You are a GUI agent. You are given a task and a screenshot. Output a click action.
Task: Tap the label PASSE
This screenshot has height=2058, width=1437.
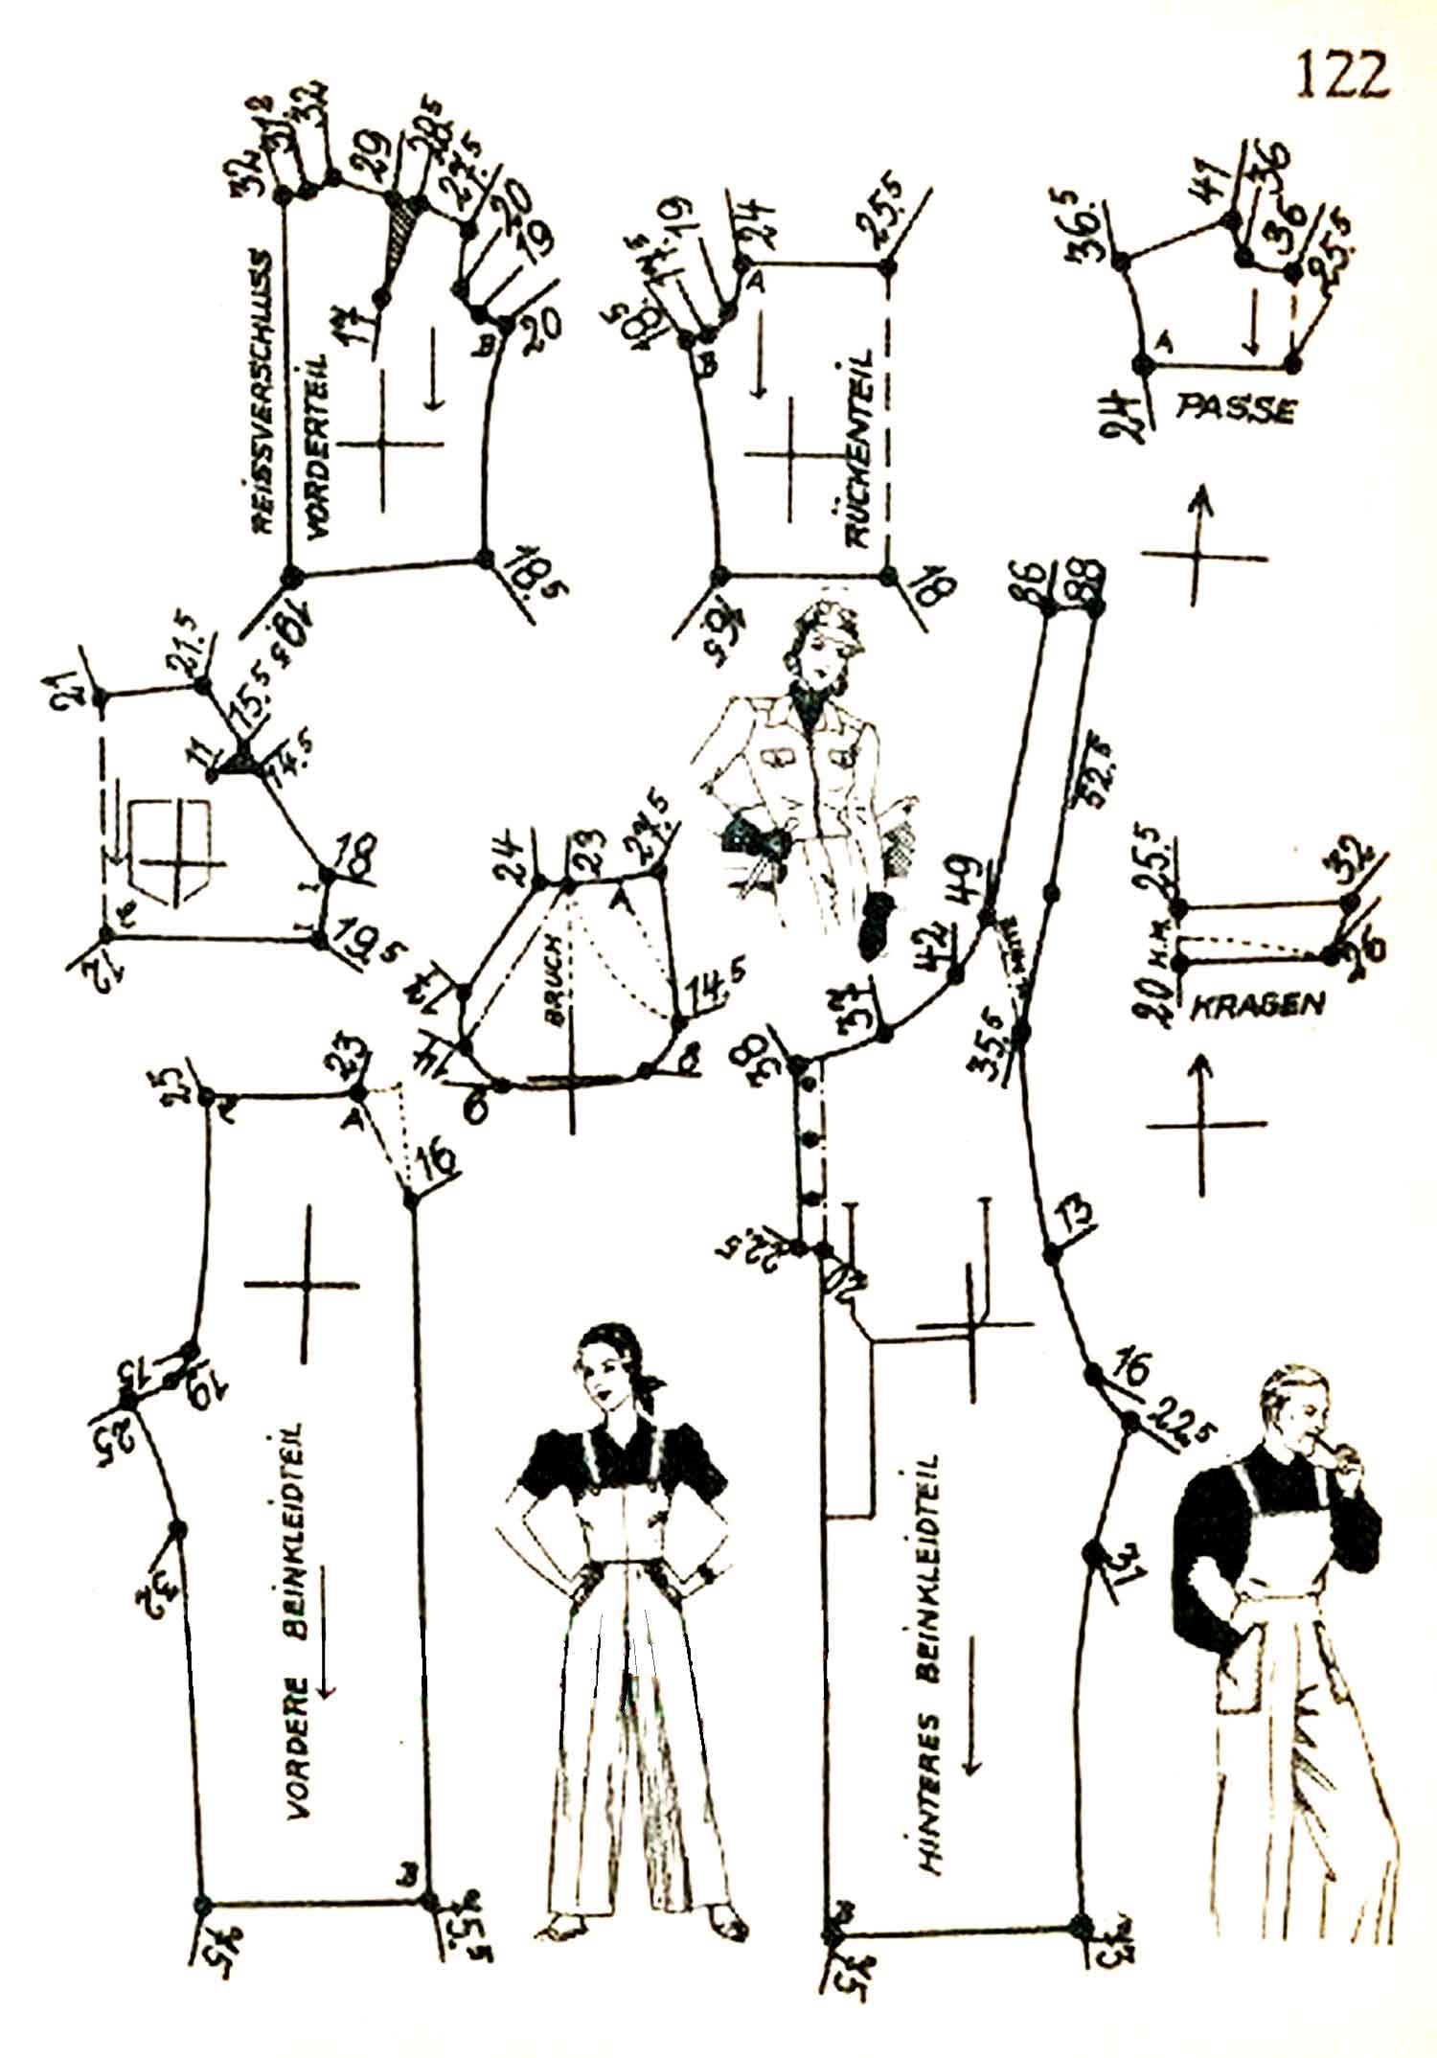1236,410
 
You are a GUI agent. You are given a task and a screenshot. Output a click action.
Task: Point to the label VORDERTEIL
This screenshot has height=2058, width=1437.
317,450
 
